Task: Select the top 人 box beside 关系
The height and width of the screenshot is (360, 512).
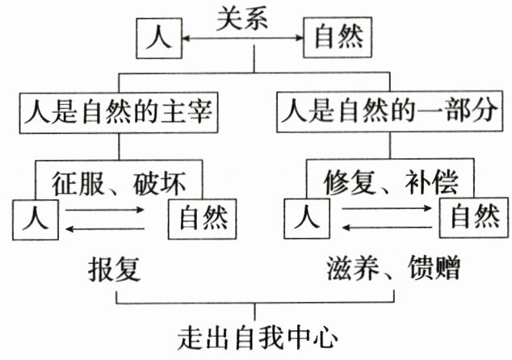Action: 160,37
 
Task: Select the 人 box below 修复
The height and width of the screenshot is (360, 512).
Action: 305,218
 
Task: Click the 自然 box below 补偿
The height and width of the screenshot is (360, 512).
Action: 474,217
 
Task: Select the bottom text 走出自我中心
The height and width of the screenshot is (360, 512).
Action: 256,335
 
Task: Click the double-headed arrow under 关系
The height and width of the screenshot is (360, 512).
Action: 244,37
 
